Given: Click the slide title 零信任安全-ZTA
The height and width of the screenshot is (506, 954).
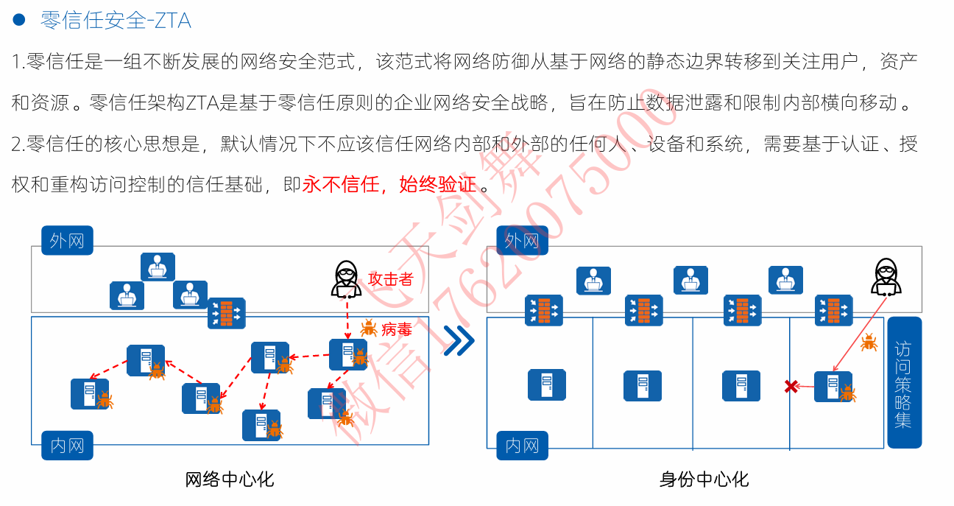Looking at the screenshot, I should (116, 21).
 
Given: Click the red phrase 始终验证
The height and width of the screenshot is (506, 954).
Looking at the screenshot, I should (437, 185).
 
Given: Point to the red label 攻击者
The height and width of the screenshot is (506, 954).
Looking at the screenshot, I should (390, 279).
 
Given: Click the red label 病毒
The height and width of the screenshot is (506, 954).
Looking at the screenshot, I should (396, 329).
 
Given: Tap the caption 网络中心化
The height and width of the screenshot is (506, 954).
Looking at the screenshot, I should (229, 479).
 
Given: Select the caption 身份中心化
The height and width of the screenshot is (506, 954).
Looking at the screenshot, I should (704, 479).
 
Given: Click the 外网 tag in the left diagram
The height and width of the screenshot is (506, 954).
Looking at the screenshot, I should (67, 240).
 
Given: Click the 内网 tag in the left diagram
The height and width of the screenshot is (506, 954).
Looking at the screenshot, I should (67, 446).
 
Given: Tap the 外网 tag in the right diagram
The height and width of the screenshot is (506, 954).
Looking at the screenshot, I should (523, 240).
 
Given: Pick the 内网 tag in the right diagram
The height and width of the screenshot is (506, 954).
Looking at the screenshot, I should (523, 446).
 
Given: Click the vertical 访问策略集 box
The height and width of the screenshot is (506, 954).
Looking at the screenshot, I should (904, 383).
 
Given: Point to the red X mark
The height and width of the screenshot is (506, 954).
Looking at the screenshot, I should (791, 386).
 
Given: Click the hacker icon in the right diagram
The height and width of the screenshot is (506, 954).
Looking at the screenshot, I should (886, 278).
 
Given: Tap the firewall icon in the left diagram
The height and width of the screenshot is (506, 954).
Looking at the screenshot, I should (226, 313).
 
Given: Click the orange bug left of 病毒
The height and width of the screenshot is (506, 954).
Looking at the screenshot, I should (369, 328).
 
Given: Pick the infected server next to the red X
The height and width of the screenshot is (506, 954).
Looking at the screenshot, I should (833, 386).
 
